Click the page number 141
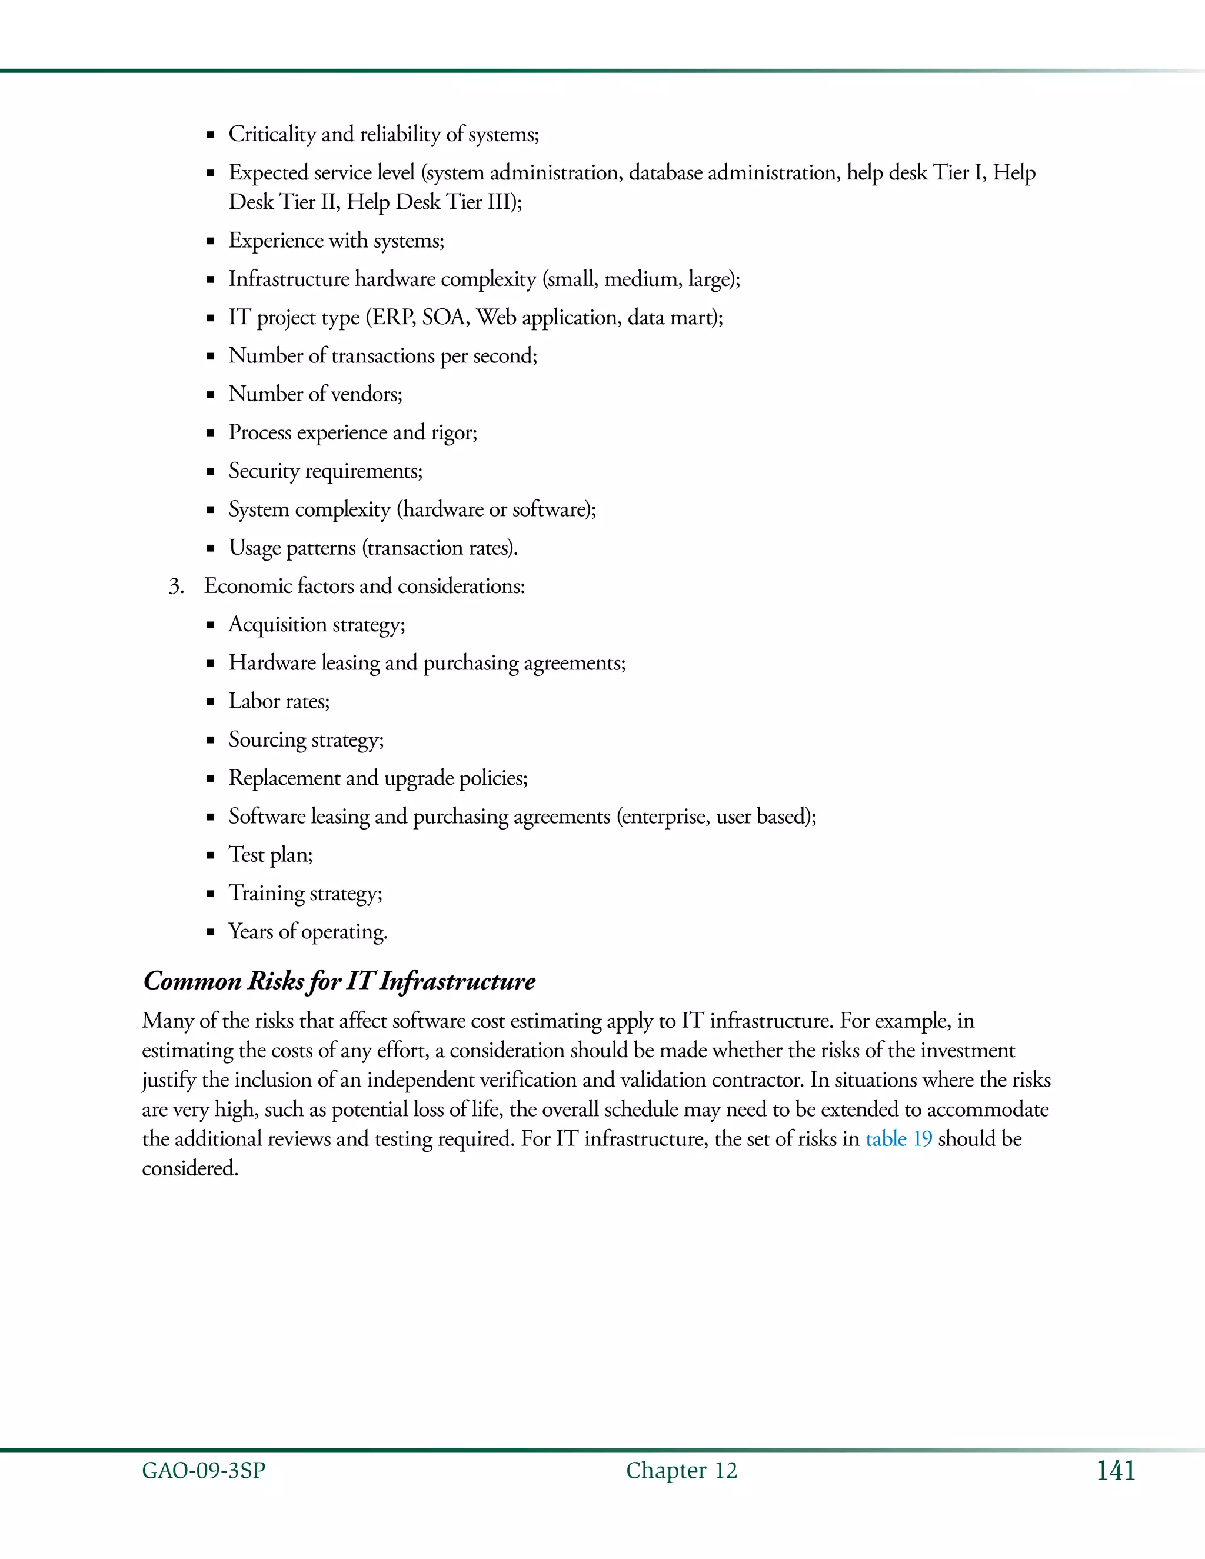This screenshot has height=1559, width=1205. pos(1115,1471)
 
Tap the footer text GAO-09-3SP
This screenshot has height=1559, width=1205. pos(204,1471)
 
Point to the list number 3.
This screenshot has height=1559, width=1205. pos(175,587)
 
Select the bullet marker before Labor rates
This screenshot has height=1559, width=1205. pos(211,702)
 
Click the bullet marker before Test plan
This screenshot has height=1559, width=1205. pos(211,856)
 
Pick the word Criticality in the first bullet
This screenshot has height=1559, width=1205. pos(272,134)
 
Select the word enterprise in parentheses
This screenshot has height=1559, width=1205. pos(663,817)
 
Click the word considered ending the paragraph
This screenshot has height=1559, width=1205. pos(189,1168)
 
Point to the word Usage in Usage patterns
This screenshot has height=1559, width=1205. pos(254,548)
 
